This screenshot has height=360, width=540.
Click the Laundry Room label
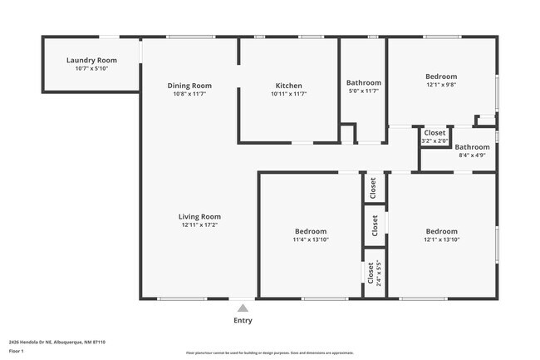coord(91,61)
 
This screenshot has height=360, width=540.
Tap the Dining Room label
coord(189,86)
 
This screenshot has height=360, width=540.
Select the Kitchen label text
coord(288,86)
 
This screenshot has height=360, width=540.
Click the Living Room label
coord(200,217)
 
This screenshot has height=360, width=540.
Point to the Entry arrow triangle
coord(243,308)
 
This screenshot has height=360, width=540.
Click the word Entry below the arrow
coord(243,321)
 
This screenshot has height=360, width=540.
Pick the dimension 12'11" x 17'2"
coord(200,225)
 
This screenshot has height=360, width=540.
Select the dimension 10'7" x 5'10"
coord(91,69)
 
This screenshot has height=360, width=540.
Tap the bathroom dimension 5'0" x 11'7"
coord(363,91)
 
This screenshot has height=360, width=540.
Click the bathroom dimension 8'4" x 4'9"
coord(472,155)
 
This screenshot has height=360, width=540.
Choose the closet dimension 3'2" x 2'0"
coord(434,141)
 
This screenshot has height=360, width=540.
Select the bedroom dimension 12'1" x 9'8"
coord(441,84)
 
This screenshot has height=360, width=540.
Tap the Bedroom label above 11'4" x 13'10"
coord(311,231)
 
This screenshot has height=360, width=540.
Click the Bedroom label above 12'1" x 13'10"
coord(441,231)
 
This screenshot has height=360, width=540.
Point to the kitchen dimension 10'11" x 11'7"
coord(288,94)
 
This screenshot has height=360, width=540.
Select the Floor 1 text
coord(17,352)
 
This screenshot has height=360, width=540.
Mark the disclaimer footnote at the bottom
coord(269,353)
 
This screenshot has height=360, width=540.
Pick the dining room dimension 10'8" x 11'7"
coord(189,94)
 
